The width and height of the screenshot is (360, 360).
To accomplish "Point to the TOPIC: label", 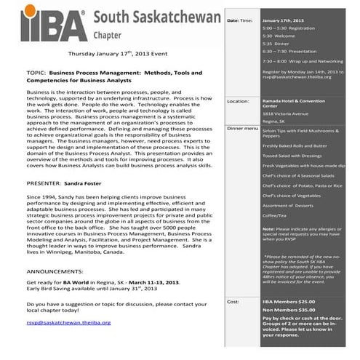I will pyautogui.click(x=37, y=73).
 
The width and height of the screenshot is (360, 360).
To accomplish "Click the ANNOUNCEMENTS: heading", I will pyautogui.click(x=55, y=268).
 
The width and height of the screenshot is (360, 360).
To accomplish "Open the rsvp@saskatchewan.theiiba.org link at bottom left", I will pyautogui.click(x=68, y=321).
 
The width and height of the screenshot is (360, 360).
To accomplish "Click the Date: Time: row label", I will pyautogui.click(x=240, y=20).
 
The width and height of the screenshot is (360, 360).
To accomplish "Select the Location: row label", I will pyautogui.click(x=238, y=102).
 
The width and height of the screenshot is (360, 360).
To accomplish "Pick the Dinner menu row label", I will pyautogui.click(x=242, y=127).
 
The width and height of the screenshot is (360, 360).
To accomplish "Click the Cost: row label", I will pyautogui.click(x=233, y=301).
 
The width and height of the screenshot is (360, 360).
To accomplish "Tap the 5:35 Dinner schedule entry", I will pyautogui.click(x=276, y=43).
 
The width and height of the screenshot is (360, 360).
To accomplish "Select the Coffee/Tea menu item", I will pyautogui.click(x=274, y=215).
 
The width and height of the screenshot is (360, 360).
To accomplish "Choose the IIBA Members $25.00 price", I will pyautogui.click(x=289, y=301).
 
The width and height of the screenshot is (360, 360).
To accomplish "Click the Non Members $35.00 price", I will pyautogui.click(x=288, y=310).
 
